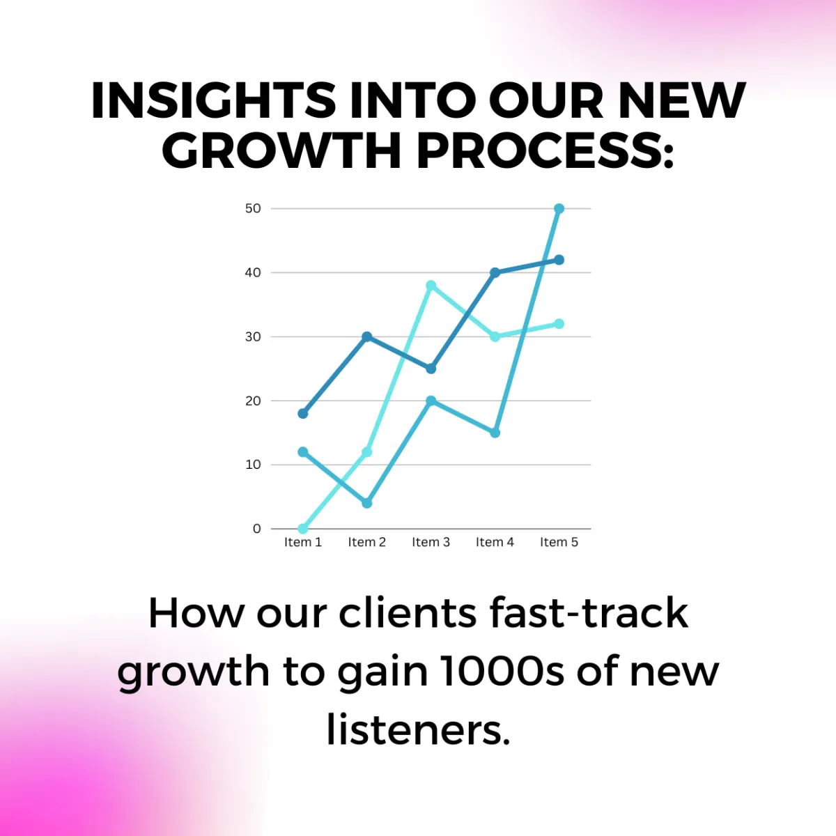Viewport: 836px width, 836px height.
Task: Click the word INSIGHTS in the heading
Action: (x=213, y=100)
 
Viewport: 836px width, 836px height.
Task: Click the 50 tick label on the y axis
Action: (x=253, y=209)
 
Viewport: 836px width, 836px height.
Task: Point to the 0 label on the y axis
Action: (x=257, y=528)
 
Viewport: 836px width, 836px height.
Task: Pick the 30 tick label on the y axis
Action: (x=253, y=336)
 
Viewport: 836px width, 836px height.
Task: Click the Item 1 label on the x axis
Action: (x=303, y=542)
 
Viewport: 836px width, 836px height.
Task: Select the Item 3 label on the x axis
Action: (x=431, y=542)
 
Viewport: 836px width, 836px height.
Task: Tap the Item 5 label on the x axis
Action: (x=559, y=542)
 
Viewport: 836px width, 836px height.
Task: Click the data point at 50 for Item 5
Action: (x=559, y=209)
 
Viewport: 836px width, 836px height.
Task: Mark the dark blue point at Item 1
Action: (x=303, y=413)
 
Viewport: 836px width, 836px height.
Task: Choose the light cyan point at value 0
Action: (x=303, y=528)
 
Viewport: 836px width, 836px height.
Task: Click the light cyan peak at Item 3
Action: (x=431, y=286)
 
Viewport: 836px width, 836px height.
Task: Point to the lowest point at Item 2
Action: (x=366, y=503)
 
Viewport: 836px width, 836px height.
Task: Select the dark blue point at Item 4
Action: (x=495, y=272)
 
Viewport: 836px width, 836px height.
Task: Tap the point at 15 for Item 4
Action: (x=495, y=433)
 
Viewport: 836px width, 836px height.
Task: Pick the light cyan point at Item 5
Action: (x=559, y=324)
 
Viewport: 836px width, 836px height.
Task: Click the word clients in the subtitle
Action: (x=408, y=613)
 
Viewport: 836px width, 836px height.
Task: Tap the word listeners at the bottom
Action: (x=418, y=731)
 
